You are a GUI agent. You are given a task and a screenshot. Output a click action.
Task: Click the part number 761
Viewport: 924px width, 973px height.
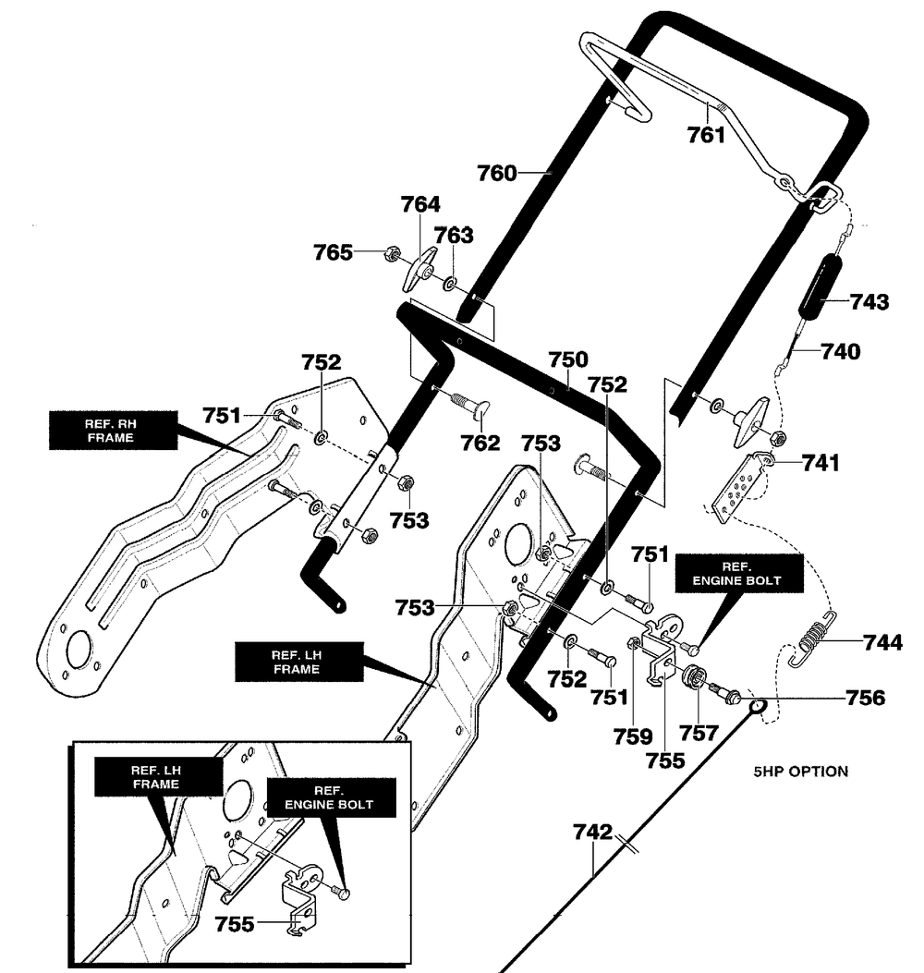click(x=706, y=135)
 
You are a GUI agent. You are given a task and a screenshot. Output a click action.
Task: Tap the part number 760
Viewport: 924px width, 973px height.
click(x=496, y=173)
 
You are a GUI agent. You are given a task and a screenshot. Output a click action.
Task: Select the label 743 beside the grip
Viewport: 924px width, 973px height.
click(x=869, y=301)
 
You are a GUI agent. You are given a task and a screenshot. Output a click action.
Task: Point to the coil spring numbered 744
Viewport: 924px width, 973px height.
click(x=813, y=639)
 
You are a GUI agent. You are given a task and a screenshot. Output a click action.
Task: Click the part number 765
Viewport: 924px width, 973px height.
click(x=334, y=252)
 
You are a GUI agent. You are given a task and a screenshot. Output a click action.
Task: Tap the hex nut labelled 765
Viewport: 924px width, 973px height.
click(x=392, y=252)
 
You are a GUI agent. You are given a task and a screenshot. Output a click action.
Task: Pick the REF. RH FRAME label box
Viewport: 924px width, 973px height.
click(x=113, y=430)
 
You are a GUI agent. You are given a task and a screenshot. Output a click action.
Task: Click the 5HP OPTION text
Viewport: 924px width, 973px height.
click(x=800, y=772)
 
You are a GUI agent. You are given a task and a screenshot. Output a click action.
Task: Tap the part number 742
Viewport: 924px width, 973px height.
click(x=592, y=833)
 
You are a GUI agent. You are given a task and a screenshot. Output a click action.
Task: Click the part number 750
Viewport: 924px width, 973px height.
click(x=568, y=359)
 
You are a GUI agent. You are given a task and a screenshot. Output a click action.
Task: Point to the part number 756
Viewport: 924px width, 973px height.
click(x=866, y=699)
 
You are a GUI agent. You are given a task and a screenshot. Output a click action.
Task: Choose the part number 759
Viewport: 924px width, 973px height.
click(x=633, y=736)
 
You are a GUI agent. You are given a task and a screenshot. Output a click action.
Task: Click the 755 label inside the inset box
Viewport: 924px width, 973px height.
click(x=235, y=925)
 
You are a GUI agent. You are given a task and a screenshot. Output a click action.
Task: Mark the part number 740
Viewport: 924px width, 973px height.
click(x=841, y=352)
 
